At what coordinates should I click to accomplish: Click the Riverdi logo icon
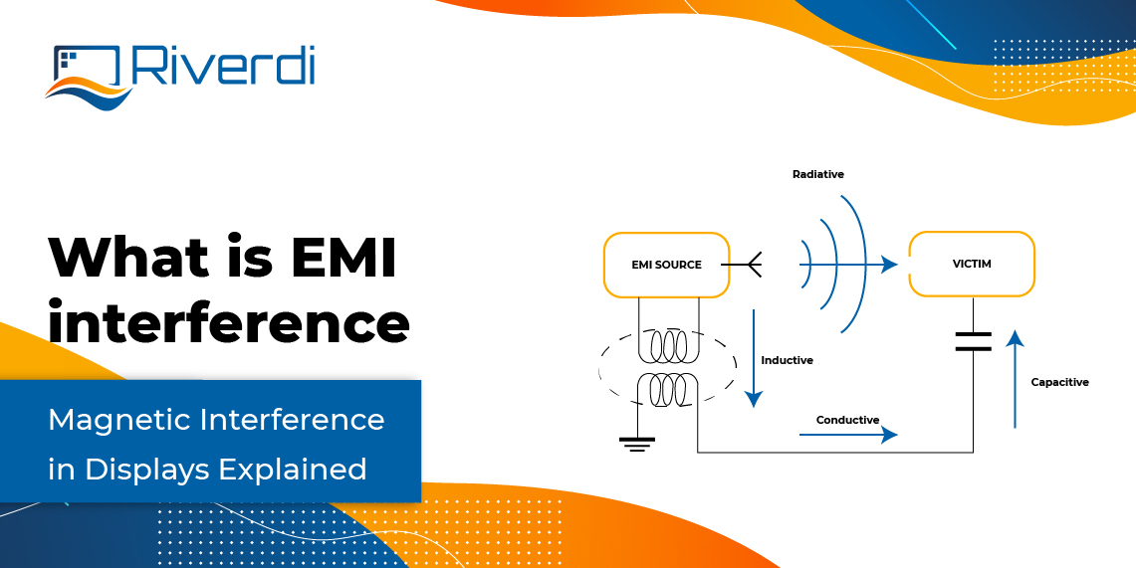tap(88, 75)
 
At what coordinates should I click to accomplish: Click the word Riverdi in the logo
tap(223, 67)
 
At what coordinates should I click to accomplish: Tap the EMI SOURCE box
tap(666, 265)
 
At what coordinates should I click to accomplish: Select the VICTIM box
tap(971, 264)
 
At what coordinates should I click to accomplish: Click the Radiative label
tap(817, 175)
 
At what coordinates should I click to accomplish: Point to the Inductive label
tap(787, 360)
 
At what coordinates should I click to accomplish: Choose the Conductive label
tap(847, 420)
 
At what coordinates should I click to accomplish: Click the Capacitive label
tap(1059, 382)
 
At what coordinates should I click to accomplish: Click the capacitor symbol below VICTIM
tap(973, 342)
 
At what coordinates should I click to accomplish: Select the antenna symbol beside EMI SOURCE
tap(744, 266)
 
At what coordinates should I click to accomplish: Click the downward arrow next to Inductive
tap(753, 358)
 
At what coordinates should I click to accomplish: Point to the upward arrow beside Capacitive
tap(1014, 379)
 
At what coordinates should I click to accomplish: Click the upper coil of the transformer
tap(666, 345)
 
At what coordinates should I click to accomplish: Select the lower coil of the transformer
tap(666, 389)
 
